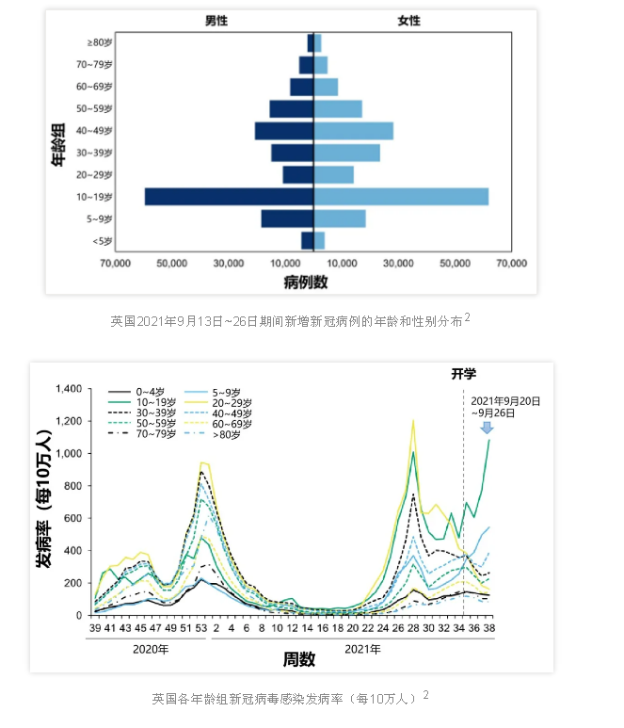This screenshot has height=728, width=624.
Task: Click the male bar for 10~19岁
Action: pyautogui.click(x=229, y=196)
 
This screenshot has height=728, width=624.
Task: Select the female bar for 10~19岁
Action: pyautogui.click(x=401, y=196)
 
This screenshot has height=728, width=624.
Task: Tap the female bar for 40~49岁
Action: pyautogui.click(x=354, y=131)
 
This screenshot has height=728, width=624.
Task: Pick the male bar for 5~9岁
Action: pyautogui.click(x=287, y=218)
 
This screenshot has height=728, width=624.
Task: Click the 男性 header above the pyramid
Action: pyautogui.click(x=216, y=21)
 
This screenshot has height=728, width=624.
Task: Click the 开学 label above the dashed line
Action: pyautogui.click(x=463, y=373)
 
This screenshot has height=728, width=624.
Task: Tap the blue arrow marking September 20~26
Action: pyautogui.click(x=487, y=429)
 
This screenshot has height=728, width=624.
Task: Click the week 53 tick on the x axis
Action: pyautogui.click(x=201, y=628)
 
